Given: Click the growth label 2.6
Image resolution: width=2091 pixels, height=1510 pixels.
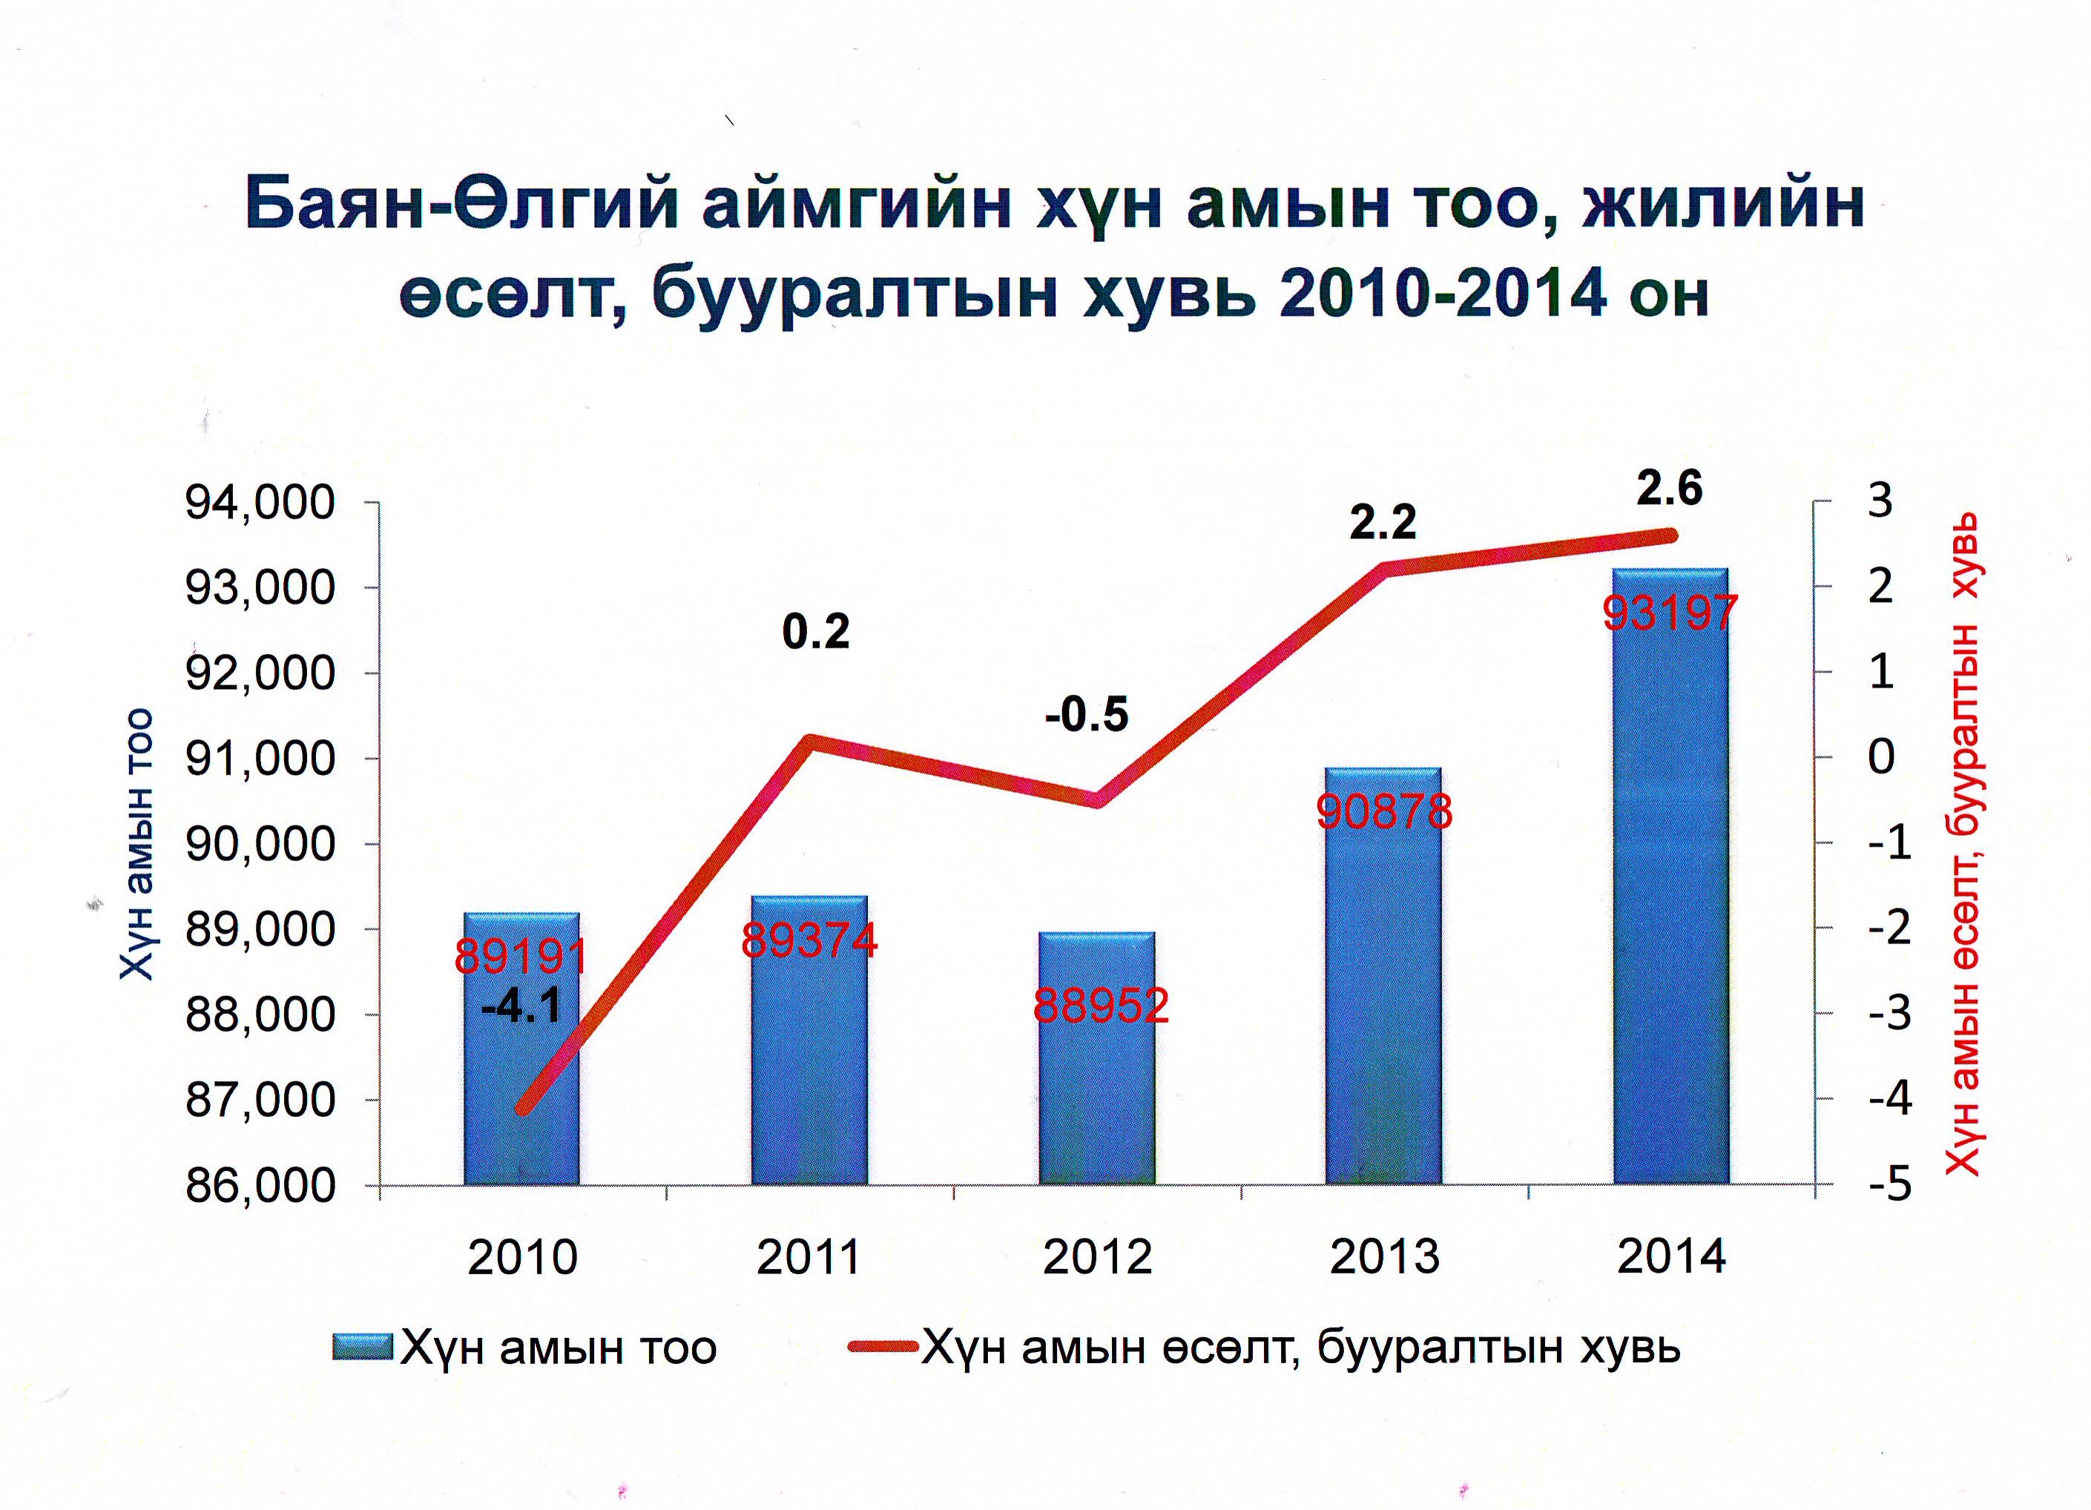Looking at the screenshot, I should click(1669, 488).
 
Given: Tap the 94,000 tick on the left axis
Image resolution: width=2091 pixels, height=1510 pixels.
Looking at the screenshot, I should click(260, 504).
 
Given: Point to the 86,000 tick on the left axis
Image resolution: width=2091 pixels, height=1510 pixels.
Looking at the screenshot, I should click(260, 1185).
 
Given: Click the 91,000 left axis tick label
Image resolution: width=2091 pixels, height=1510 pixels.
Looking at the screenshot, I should click(260, 759).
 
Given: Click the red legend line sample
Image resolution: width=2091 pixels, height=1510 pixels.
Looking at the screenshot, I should click(883, 1347).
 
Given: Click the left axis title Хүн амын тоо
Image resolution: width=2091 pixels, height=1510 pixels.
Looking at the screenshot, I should click(136, 843).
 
